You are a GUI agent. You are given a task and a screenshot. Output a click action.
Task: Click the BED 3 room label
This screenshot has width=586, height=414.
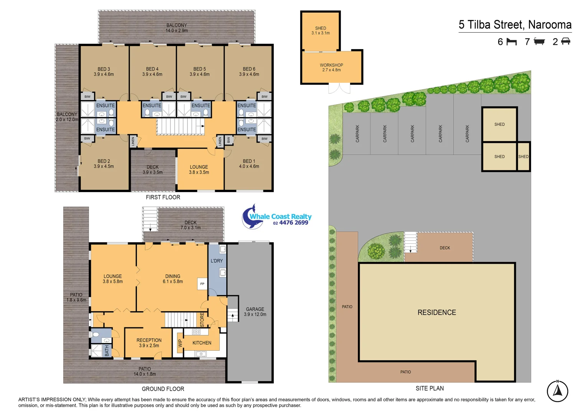(x=104, y=72)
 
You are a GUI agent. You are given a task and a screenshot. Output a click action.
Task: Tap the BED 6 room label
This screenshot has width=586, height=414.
(x=249, y=72)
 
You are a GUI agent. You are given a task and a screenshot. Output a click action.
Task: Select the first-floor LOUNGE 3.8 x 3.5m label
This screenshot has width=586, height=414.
(x=199, y=169)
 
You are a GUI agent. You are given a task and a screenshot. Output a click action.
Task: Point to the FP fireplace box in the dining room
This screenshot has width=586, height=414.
(x=202, y=284)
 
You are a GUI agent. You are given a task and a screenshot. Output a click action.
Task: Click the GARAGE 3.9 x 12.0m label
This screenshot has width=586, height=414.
(x=255, y=312)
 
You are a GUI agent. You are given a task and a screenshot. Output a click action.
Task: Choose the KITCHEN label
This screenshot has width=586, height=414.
(x=202, y=343)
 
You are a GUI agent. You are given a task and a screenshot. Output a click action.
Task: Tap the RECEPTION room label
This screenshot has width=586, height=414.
(x=149, y=343)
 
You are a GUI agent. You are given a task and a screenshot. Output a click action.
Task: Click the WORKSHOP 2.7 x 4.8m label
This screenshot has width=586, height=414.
(x=331, y=67)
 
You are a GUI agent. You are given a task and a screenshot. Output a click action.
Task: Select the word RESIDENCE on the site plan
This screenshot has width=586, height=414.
(x=436, y=312)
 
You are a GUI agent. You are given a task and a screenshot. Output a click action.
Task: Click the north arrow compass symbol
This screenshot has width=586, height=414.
(x=557, y=391)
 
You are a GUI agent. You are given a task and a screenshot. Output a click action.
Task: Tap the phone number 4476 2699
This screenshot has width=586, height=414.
(x=293, y=223)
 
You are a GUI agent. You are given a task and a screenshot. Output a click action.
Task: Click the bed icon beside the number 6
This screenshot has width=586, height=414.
(x=512, y=41)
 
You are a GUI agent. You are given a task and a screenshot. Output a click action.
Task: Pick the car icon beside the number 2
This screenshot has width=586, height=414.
(x=565, y=41)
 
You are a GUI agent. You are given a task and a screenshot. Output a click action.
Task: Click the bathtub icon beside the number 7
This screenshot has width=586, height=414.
(x=539, y=41)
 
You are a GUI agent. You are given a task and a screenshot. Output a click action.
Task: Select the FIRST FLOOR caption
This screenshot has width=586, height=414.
(x=163, y=197)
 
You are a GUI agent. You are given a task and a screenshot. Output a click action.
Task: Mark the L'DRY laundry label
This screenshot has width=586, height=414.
(x=216, y=261)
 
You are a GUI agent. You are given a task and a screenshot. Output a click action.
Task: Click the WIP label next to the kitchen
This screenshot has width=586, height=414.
(x=180, y=343)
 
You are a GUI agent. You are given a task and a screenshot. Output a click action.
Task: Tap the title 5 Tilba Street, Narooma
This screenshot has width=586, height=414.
(x=515, y=25)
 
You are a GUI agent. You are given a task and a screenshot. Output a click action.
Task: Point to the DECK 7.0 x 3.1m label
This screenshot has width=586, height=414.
(x=190, y=225)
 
